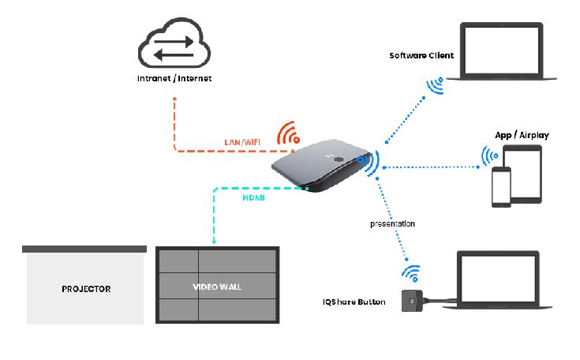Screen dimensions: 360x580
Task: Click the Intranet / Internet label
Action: click(174, 79)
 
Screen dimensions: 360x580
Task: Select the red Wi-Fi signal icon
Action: click(288, 134)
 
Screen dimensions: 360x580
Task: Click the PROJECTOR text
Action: click(86, 289)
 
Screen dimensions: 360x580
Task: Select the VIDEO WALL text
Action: click(216, 286)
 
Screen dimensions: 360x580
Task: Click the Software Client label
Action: click(422, 56)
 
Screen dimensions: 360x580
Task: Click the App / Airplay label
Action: click(521, 135)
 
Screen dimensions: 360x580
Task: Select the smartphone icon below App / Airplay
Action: click(502, 187)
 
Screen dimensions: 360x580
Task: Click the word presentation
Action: click(393, 224)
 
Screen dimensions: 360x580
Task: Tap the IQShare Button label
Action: click(354, 302)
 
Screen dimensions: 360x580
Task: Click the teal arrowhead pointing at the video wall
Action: click(214, 240)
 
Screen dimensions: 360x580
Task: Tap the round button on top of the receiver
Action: click(339, 158)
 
